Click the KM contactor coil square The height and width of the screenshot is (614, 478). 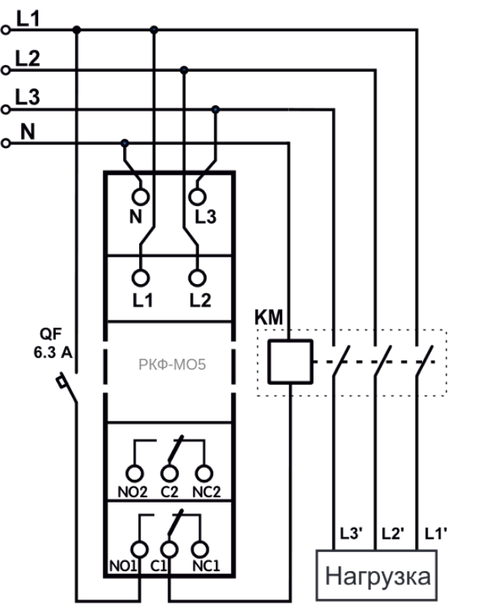(290, 341)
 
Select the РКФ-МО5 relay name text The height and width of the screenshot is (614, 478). (172, 364)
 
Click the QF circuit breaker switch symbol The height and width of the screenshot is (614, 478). (67, 388)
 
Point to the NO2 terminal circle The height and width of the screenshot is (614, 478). (134, 465)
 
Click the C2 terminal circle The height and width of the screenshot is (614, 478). (169, 465)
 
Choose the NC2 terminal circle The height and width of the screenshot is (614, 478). (204, 465)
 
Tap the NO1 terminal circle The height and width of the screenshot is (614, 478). (139, 541)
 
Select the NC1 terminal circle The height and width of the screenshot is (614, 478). (200, 541)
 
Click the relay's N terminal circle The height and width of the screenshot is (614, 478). (140, 189)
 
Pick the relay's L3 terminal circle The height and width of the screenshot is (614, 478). (197, 189)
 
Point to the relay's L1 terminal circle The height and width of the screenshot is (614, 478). (140, 270)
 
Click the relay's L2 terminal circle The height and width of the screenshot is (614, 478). (197, 270)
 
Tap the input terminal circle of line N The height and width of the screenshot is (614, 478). (5, 140)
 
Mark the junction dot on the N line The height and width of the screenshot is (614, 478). (125, 144)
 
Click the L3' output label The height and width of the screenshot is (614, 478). (351, 533)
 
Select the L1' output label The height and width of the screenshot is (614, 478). (436, 533)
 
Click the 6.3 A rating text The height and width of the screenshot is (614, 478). (53, 352)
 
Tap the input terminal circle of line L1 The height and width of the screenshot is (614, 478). (5, 26)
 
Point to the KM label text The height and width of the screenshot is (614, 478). (268, 317)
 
